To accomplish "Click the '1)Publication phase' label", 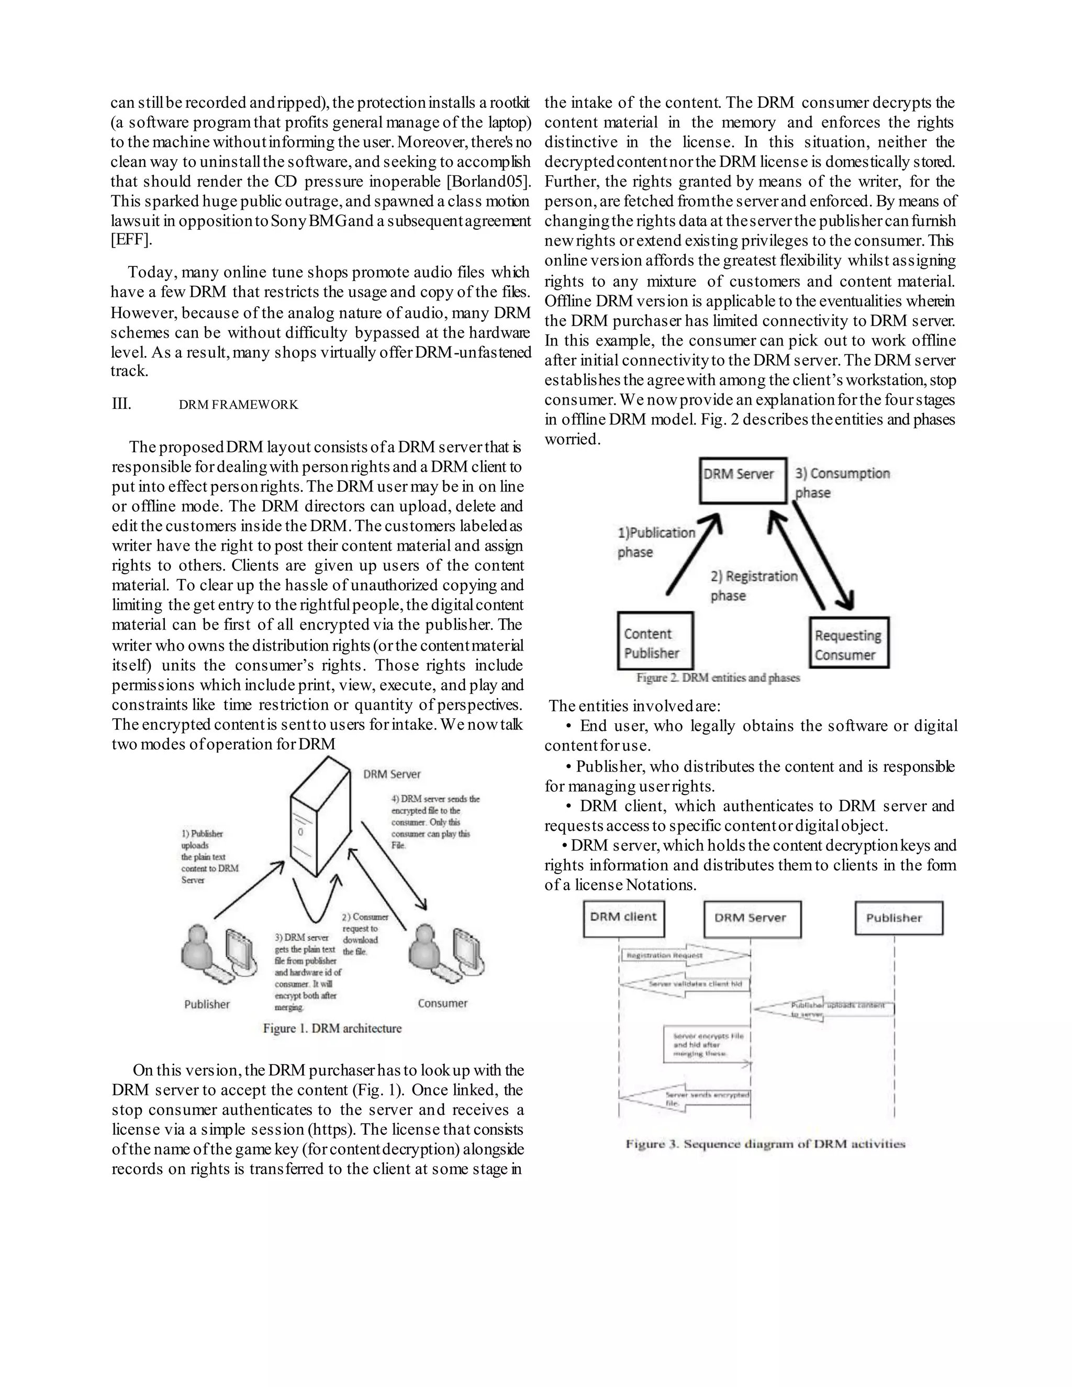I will pyautogui.click(x=656, y=542).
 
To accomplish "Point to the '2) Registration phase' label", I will pyautogui.click(x=753, y=586).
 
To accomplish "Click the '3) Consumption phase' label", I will pyautogui.click(x=842, y=483).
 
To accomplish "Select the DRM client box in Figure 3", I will pyautogui.click(x=623, y=919).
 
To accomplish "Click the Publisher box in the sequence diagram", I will pyautogui.click(x=898, y=919).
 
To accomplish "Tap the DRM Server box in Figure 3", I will pyautogui.click(x=752, y=919).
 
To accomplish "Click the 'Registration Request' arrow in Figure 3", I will pyautogui.click(x=683, y=955).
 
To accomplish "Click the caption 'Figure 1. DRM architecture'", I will pyautogui.click(x=332, y=1028).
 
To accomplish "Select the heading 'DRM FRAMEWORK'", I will pyautogui.click(x=238, y=405).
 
